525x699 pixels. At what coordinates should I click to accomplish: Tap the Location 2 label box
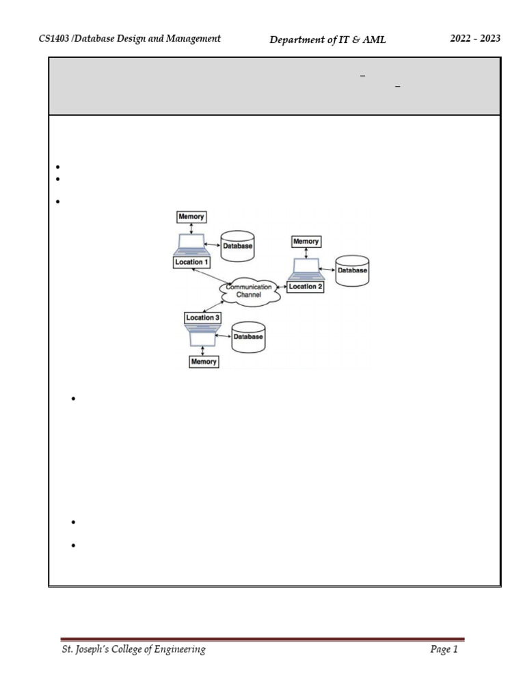click(305, 287)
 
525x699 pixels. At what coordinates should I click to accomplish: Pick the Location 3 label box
click(203, 317)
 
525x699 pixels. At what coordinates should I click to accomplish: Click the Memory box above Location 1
click(191, 216)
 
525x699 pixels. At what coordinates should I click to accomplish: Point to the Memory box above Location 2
click(306, 242)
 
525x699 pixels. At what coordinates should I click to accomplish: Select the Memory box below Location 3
click(204, 362)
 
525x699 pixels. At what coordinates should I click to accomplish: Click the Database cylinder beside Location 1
click(237, 246)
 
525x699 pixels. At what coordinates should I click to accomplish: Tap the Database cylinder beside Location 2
click(352, 270)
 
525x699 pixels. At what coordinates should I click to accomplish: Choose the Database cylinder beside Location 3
click(247, 337)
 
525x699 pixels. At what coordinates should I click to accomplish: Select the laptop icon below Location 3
click(203, 334)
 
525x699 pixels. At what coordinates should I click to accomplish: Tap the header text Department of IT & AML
click(328, 40)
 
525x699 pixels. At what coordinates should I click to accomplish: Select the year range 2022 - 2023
click(475, 39)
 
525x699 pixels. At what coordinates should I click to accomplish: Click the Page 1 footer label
click(444, 651)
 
